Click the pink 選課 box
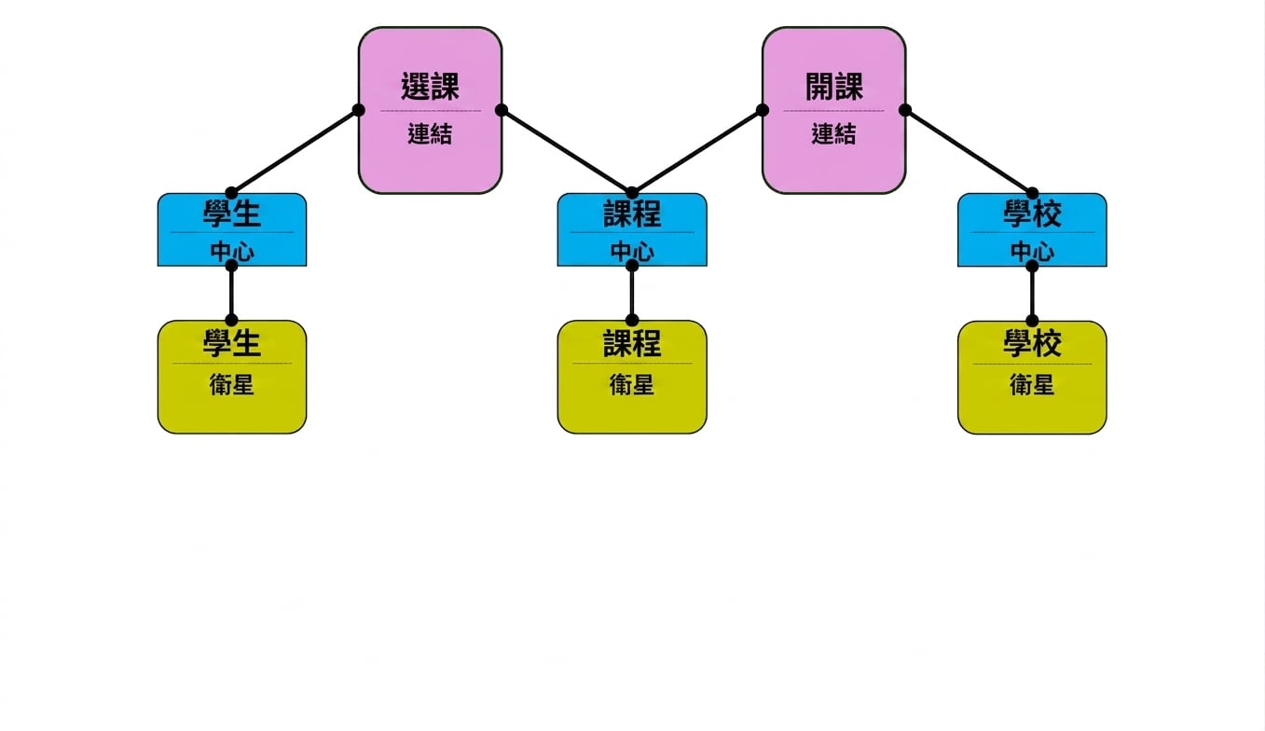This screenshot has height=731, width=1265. tap(430, 110)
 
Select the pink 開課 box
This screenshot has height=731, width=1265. tap(833, 110)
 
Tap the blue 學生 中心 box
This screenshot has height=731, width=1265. tap(231, 229)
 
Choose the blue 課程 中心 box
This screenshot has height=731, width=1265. tap(632, 229)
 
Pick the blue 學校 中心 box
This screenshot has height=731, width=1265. tap(1032, 229)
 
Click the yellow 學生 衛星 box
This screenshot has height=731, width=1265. tap(231, 377)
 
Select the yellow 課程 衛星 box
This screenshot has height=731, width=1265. tap(632, 377)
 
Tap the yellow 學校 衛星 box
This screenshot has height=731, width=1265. tap(1032, 378)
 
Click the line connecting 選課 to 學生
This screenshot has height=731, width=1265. tap(295, 151)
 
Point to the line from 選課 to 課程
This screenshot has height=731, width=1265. tap(567, 151)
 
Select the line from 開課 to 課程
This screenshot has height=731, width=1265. tap(697, 151)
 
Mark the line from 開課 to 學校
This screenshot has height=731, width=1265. tap(969, 151)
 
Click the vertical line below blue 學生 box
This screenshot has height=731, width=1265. tap(231, 293)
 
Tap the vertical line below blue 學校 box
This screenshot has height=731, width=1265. tap(1032, 293)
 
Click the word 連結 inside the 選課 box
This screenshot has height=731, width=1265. tap(430, 134)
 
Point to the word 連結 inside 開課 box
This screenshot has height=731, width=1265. tap(833, 134)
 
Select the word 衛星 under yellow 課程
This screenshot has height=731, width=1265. tap(632, 385)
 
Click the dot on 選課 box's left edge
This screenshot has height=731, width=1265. tap(358, 110)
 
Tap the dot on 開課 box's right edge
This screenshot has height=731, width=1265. tap(904, 110)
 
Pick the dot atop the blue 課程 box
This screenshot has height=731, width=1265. tap(632, 193)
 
